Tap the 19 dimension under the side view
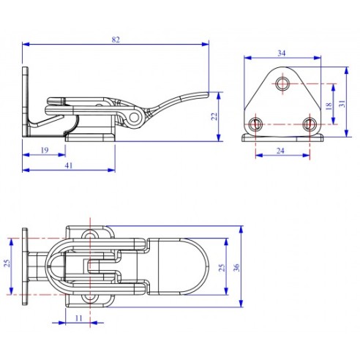[x=44, y=150]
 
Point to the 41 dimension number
[x=68, y=165]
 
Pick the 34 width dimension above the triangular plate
[x=282, y=52]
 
